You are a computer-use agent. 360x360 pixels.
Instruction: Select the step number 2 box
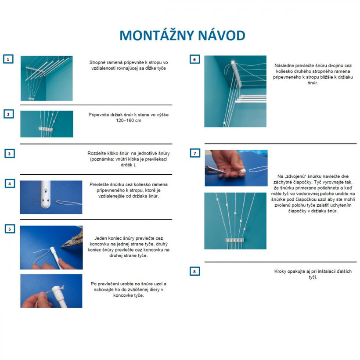click(8, 114)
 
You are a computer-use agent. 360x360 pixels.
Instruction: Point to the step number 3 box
click(8, 154)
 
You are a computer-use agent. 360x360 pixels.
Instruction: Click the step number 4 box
click(8, 184)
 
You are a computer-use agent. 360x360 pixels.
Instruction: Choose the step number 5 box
click(8, 229)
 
